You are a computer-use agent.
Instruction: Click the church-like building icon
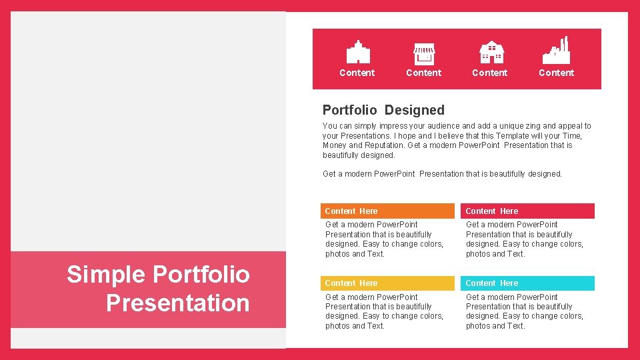(358, 52)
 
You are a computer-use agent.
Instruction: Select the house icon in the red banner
(491, 52)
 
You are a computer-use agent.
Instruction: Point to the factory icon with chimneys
(556, 51)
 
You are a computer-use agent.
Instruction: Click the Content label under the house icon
(490, 73)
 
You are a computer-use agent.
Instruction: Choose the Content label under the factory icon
(556, 73)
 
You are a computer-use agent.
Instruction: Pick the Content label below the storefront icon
(423, 73)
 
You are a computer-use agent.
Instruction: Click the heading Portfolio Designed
(383, 110)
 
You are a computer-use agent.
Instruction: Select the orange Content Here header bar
(387, 211)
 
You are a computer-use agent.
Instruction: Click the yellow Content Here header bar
(387, 283)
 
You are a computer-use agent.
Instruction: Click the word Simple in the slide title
(106, 274)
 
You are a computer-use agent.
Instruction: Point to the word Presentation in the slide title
(177, 303)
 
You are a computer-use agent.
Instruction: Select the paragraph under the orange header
(384, 239)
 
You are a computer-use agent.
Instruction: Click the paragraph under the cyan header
(524, 311)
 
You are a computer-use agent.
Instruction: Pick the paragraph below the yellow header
(384, 311)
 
